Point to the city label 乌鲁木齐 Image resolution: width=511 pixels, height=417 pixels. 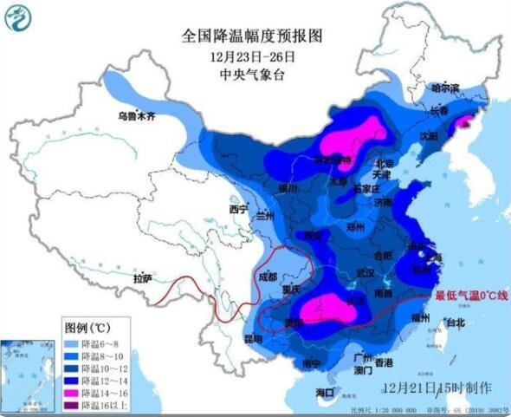[x=137, y=115]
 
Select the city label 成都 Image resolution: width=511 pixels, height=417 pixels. [x=268, y=277]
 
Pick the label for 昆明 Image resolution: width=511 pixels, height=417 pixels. [x=252, y=338]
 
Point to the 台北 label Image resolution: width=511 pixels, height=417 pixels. [x=455, y=323]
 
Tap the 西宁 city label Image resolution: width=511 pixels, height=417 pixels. [x=238, y=210]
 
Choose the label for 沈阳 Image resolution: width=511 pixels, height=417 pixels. [x=430, y=136]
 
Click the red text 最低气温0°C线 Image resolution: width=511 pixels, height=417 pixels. [x=472, y=296]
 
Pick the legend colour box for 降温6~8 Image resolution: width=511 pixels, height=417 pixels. [x=72, y=344]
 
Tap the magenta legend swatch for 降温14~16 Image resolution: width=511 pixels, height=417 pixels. [x=72, y=393]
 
